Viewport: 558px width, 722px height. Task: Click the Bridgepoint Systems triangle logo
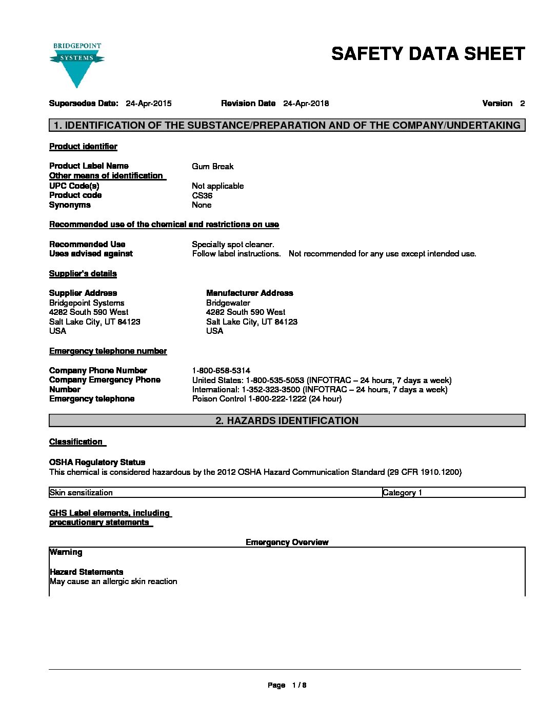77,65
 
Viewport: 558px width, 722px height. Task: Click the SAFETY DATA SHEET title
428,54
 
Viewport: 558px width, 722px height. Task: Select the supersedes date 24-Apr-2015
148,104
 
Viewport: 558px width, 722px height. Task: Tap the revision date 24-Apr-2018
306,104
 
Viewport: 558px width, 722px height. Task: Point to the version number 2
522,104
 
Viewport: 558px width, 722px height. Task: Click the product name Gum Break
212,167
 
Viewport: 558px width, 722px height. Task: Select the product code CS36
202,195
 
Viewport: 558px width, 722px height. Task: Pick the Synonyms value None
202,205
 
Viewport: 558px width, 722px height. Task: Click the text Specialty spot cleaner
233,245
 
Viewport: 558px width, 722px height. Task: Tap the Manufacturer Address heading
249,293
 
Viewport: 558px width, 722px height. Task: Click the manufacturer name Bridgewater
228,303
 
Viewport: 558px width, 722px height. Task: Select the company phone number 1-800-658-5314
221,371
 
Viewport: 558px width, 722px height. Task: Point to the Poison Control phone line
267,399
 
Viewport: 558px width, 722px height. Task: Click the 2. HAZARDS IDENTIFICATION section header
287,421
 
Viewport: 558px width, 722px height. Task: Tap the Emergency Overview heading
287,543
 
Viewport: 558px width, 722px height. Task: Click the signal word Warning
66,552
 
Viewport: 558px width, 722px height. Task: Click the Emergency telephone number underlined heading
108,351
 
